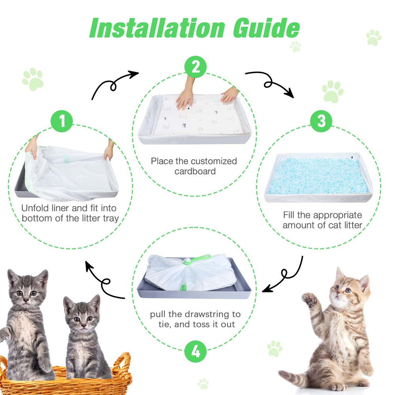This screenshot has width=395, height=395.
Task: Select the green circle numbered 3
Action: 321,121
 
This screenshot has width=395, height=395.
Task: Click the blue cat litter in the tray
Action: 318,176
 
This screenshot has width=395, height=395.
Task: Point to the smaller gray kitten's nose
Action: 83,326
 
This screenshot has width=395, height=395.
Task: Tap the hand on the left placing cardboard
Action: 184,98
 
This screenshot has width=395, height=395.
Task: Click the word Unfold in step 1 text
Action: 35,208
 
